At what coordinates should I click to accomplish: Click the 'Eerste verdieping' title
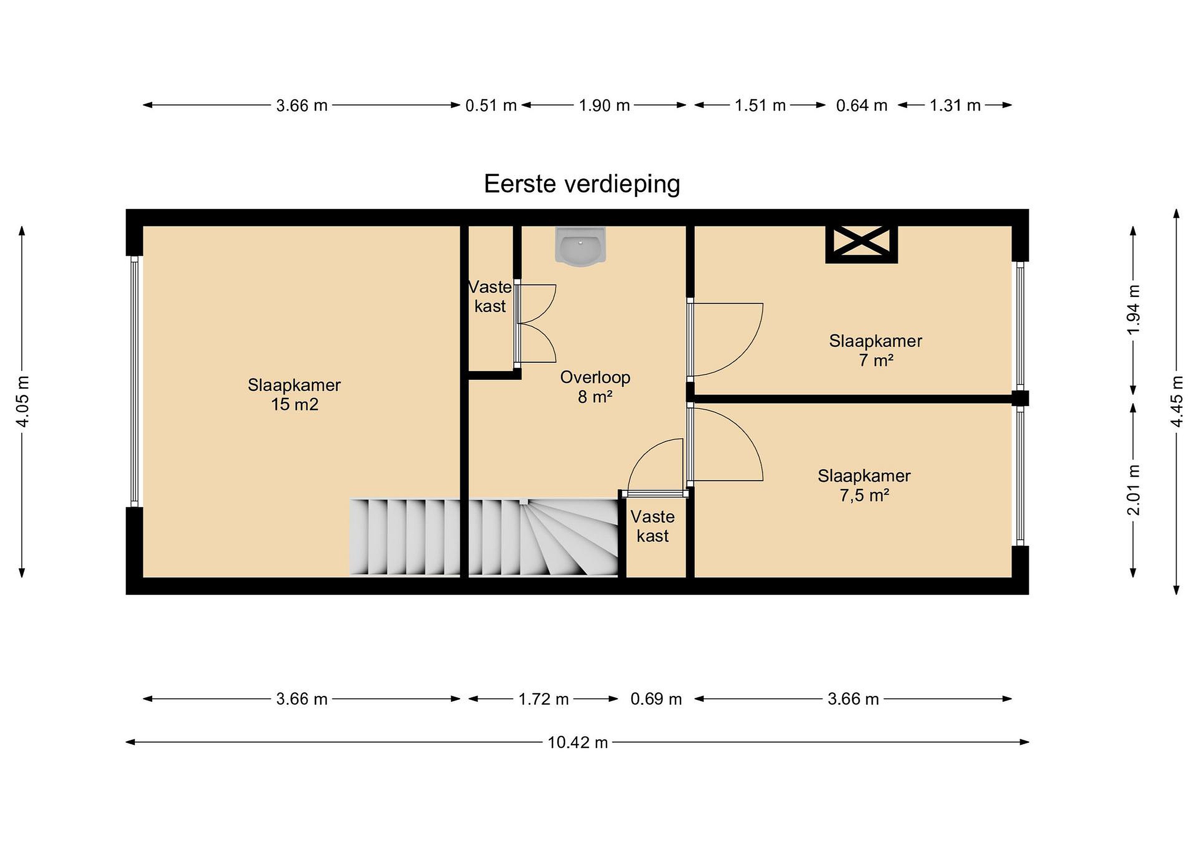point(582,184)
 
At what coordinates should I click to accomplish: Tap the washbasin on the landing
point(580,247)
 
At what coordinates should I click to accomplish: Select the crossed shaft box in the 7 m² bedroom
point(861,244)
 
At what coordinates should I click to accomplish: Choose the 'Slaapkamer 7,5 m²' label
point(864,485)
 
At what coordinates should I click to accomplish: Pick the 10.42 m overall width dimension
point(578,742)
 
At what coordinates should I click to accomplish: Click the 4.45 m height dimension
point(1177,402)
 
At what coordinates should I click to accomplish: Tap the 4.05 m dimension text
point(23,401)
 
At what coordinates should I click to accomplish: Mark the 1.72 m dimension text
point(543,699)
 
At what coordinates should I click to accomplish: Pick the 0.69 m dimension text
point(656,699)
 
